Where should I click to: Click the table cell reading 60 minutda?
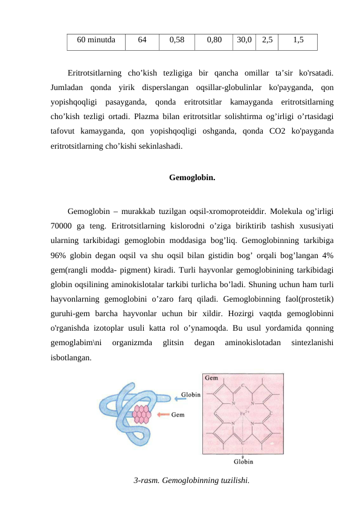[x=96, y=41]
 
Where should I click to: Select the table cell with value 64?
[x=142, y=41]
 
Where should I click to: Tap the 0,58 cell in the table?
[x=177, y=41]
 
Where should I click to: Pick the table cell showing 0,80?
[x=214, y=41]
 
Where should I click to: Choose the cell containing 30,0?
[x=245, y=41]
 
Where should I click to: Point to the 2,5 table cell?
[x=267, y=41]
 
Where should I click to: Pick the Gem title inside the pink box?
[x=211, y=378]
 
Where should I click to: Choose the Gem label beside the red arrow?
[x=179, y=415]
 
